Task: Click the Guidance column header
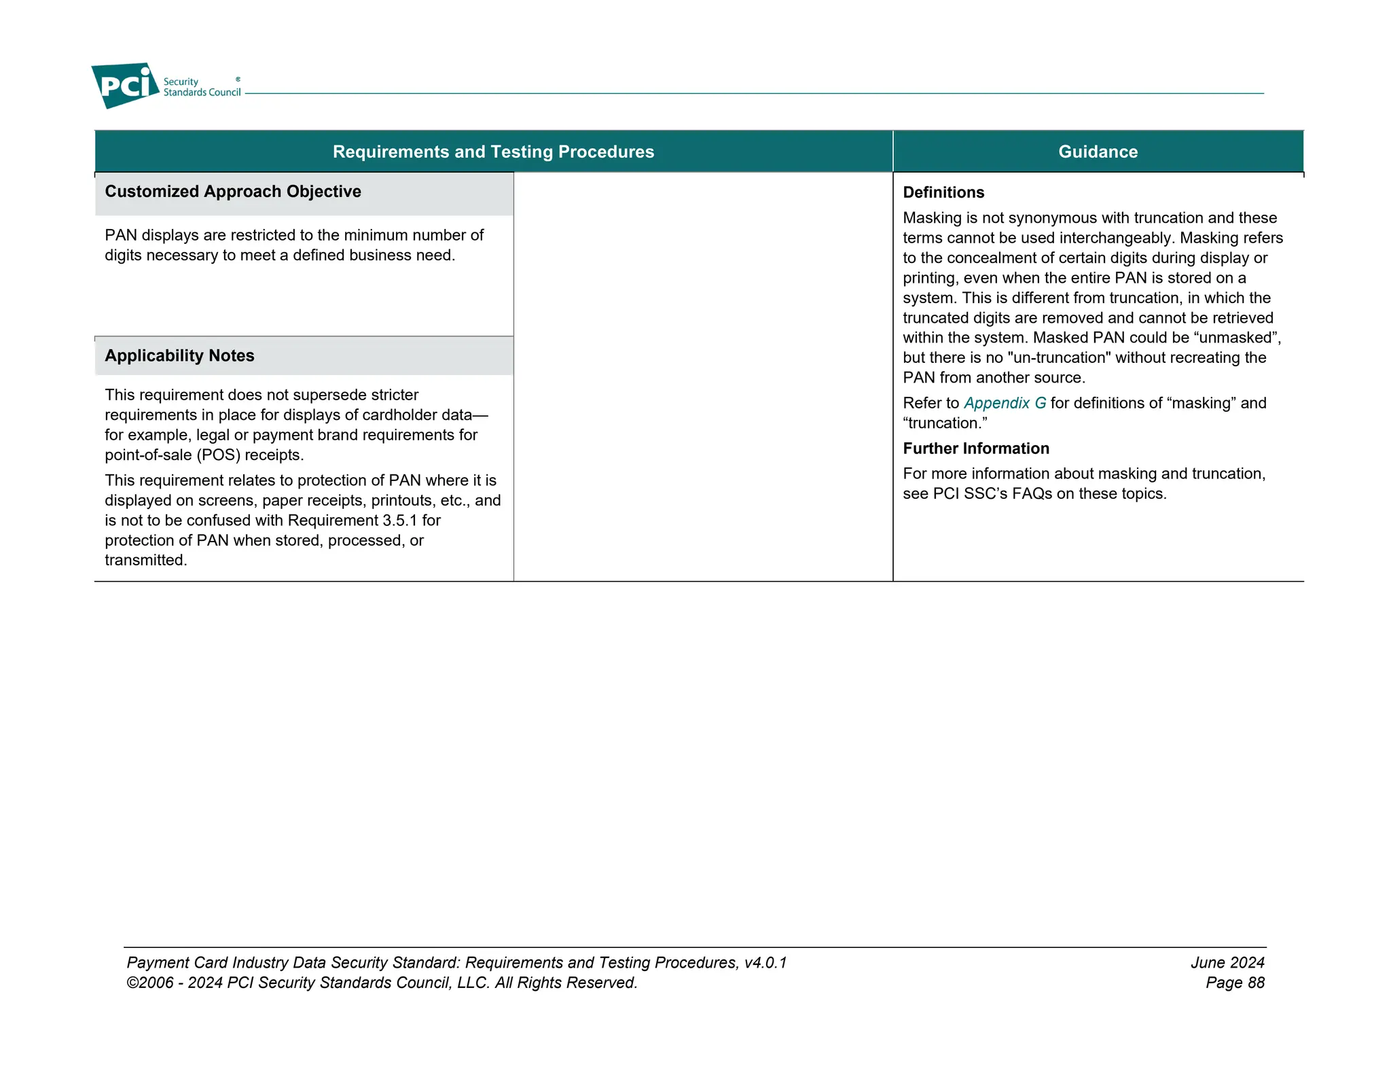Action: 1098,152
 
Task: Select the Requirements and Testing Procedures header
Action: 493,152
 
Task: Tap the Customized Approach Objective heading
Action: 233,192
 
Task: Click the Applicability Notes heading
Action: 179,356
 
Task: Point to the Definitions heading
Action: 943,193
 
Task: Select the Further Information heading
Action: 975,448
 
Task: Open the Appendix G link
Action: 1005,404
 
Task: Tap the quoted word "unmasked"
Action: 1235,338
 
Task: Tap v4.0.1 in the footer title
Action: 765,963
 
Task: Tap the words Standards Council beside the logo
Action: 202,93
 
